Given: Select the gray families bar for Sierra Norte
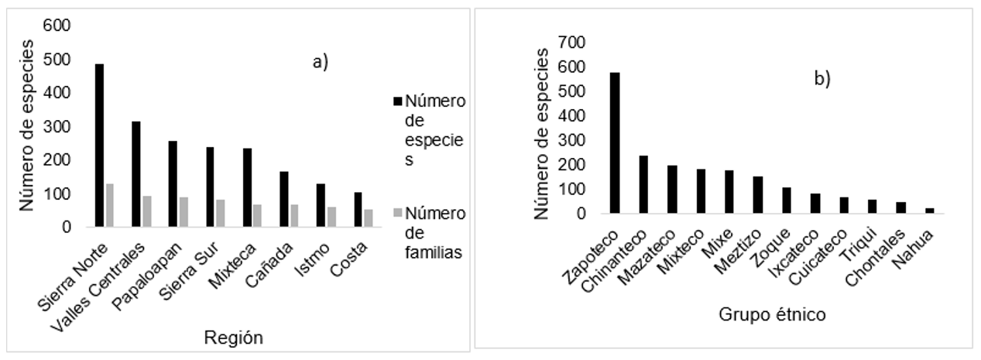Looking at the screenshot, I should click(109, 205).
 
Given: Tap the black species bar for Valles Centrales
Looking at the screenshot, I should click(136, 174).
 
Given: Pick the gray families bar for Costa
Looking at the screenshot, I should click(368, 218).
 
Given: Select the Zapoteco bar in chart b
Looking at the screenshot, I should click(615, 142).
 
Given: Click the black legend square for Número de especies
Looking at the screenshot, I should click(399, 101).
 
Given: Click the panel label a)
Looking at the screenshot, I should click(321, 63).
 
